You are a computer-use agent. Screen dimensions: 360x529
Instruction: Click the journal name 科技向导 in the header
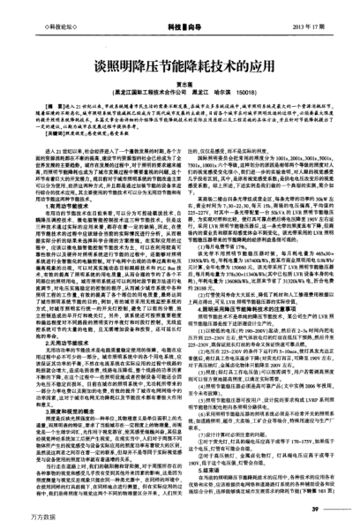tap(181, 13)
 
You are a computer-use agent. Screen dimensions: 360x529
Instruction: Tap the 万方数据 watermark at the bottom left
tap(19, 518)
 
